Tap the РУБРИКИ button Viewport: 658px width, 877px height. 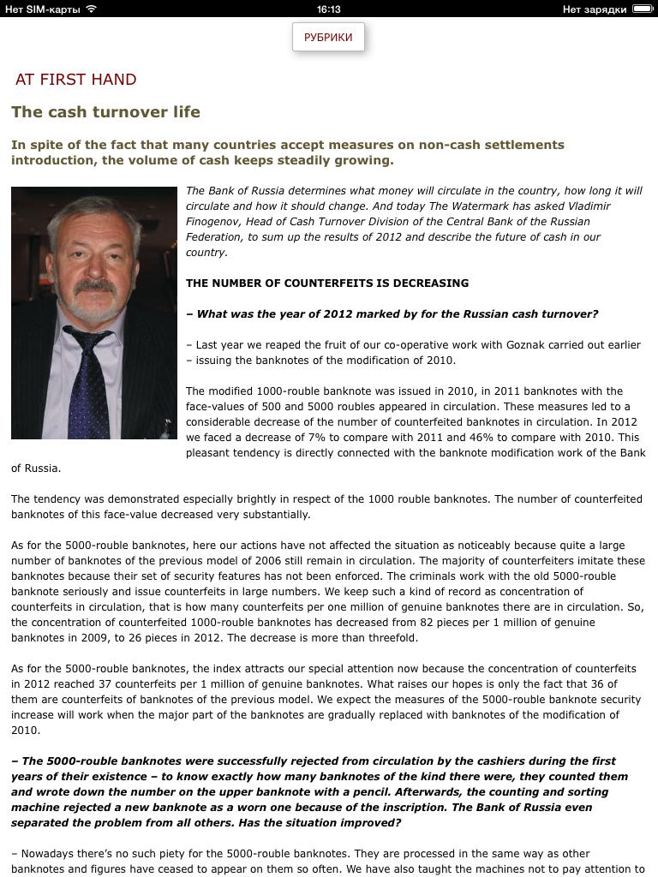point(328,38)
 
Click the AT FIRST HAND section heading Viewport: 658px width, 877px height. point(76,80)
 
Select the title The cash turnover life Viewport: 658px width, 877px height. point(105,111)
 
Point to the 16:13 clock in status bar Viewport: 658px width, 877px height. point(328,9)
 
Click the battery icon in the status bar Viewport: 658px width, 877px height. point(642,9)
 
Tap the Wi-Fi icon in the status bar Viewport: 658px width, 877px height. point(92,9)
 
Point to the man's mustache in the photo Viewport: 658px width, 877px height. point(93,286)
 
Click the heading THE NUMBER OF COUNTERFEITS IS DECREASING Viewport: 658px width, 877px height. point(327,283)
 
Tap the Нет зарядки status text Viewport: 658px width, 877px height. point(595,9)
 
